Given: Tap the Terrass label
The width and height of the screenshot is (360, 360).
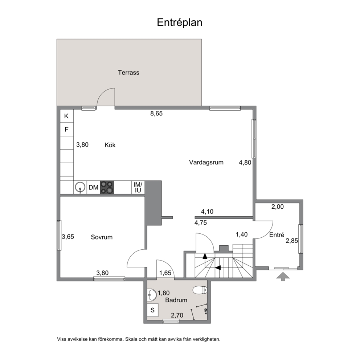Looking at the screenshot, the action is pyautogui.click(x=128, y=73).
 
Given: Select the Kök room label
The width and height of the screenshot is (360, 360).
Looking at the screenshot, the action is pyautogui.click(x=110, y=145).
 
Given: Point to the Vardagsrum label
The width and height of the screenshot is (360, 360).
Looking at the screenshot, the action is pyautogui.click(x=206, y=163).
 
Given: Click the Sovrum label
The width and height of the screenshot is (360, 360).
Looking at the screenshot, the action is pyautogui.click(x=102, y=237).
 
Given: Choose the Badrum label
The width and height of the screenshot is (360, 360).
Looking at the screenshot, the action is pyautogui.click(x=176, y=300).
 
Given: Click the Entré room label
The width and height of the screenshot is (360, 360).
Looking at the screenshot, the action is pyautogui.click(x=277, y=235).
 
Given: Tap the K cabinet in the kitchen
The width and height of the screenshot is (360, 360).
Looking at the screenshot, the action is pyautogui.click(x=66, y=116).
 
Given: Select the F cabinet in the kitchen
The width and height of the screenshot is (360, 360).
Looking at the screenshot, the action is pyautogui.click(x=66, y=130).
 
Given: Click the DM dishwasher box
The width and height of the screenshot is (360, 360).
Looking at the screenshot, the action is pyautogui.click(x=93, y=188).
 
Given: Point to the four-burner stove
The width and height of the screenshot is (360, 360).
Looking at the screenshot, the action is pyautogui.click(x=107, y=188).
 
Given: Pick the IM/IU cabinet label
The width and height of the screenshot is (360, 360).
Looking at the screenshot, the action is pyautogui.click(x=138, y=187).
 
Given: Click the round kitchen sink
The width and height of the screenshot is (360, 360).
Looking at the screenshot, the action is pyautogui.click(x=80, y=187).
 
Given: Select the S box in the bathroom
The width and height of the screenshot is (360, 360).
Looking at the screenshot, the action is pyautogui.click(x=152, y=310).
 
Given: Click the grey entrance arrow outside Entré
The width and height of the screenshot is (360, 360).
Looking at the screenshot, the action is pyautogui.click(x=283, y=277).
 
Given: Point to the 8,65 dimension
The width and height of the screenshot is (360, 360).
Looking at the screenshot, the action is pyautogui.click(x=156, y=114).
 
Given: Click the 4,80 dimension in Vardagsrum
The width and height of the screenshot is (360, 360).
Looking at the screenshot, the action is pyautogui.click(x=245, y=163).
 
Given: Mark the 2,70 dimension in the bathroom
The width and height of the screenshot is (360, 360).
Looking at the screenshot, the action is pyautogui.click(x=177, y=315).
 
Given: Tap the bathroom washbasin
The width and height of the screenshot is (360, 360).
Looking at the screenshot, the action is pyautogui.click(x=152, y=295).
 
